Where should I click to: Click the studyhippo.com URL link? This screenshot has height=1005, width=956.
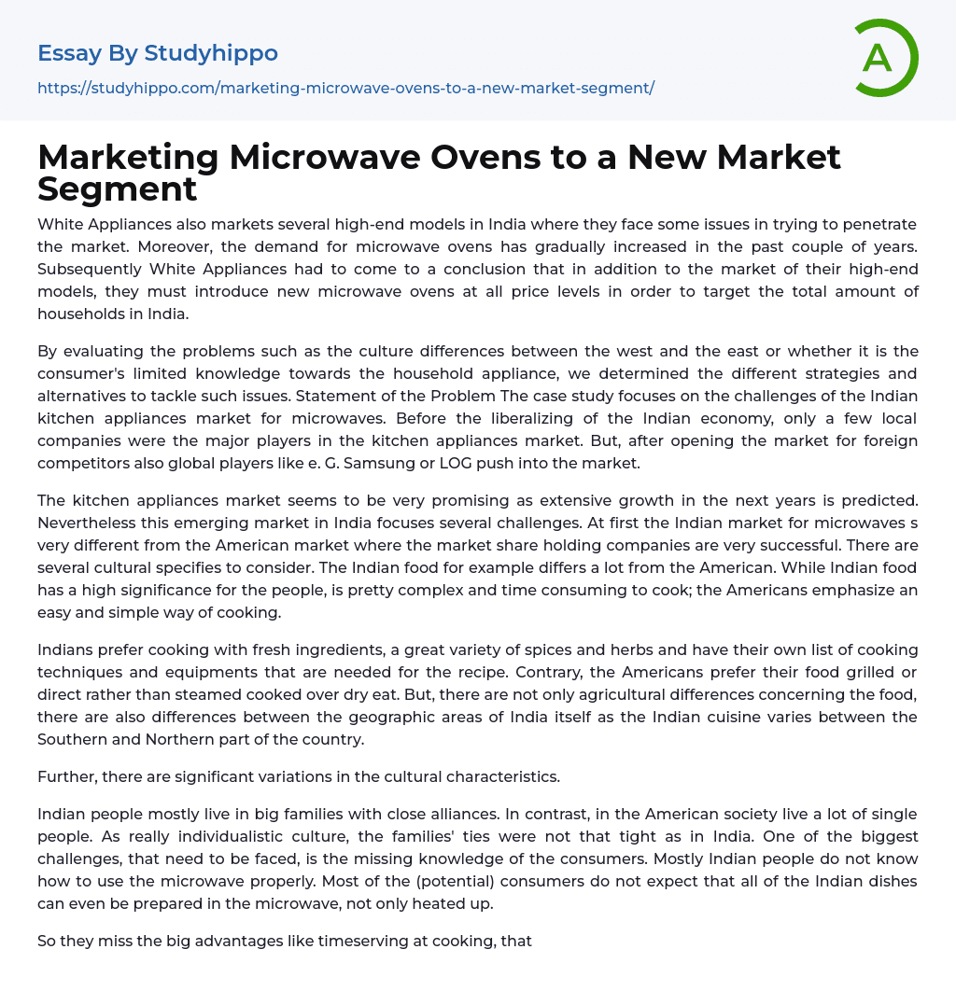coord(345,88)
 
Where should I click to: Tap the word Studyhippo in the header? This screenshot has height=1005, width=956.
coord(211,53)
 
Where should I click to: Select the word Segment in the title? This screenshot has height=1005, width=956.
coord(118,188)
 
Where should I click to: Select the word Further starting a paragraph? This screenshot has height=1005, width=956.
coord(68,776)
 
